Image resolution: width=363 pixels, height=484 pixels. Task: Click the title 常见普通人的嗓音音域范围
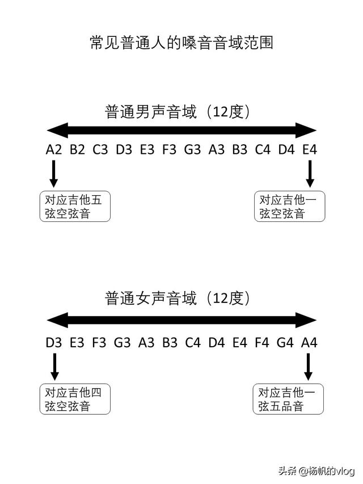[x=181, y=43]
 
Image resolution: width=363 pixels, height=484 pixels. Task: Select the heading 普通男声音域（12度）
[x=178, y=111]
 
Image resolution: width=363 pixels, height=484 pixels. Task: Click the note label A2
[x=54, y=150]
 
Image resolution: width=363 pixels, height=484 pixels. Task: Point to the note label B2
[x=77, y=150]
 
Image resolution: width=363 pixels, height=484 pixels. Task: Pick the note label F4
[x=261, y=342]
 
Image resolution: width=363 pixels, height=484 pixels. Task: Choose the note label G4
[x=285, y=342]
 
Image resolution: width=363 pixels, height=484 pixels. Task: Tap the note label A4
[x=309, y=342]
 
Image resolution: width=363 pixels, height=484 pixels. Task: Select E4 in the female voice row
[x=238, y=342]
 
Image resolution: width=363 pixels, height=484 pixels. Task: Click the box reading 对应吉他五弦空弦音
[x=75, y=207]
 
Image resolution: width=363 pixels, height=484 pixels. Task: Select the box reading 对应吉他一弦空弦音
[x=289, y=207]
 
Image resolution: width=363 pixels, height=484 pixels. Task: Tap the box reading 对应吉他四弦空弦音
[x=75, y=399]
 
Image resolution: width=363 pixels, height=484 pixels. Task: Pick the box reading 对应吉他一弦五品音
[x=289, y=399]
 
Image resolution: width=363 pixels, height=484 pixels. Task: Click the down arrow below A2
[x=54, y=174]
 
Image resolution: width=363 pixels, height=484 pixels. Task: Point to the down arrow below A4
[x=309, y=367]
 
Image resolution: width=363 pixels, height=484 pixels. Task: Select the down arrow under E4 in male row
[x=310, y=174]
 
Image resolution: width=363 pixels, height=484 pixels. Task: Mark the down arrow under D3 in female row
[x=54, y=367]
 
